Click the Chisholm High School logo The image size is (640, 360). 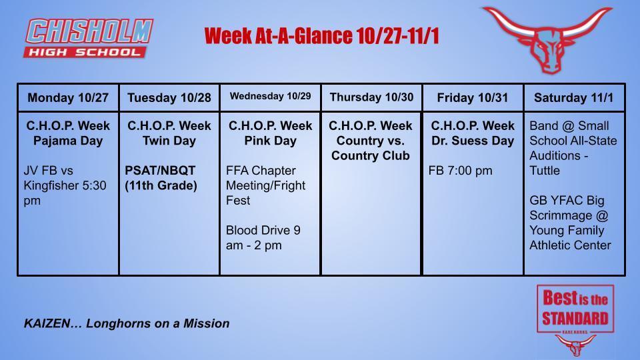coord(89,37)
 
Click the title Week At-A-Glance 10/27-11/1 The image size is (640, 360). coord(321,35)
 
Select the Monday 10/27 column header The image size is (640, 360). coord(68,97)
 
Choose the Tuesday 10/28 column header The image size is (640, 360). coord(169,98)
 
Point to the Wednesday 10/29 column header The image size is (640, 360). coord(271,96)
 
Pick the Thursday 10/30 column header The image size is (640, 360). coord(371,97)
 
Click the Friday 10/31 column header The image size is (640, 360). coord(473,97)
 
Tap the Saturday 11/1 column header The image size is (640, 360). coord(574,97)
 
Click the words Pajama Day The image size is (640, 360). coord(68,141)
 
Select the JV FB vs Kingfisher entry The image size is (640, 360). coord(65,185)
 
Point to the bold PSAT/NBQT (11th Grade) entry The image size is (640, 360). coord(161,178)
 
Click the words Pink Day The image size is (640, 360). coord(271,141)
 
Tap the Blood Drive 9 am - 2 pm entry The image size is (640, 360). coord(263,238)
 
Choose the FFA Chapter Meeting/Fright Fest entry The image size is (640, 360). coord(265,185)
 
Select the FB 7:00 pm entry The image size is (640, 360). coord(460,171)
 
